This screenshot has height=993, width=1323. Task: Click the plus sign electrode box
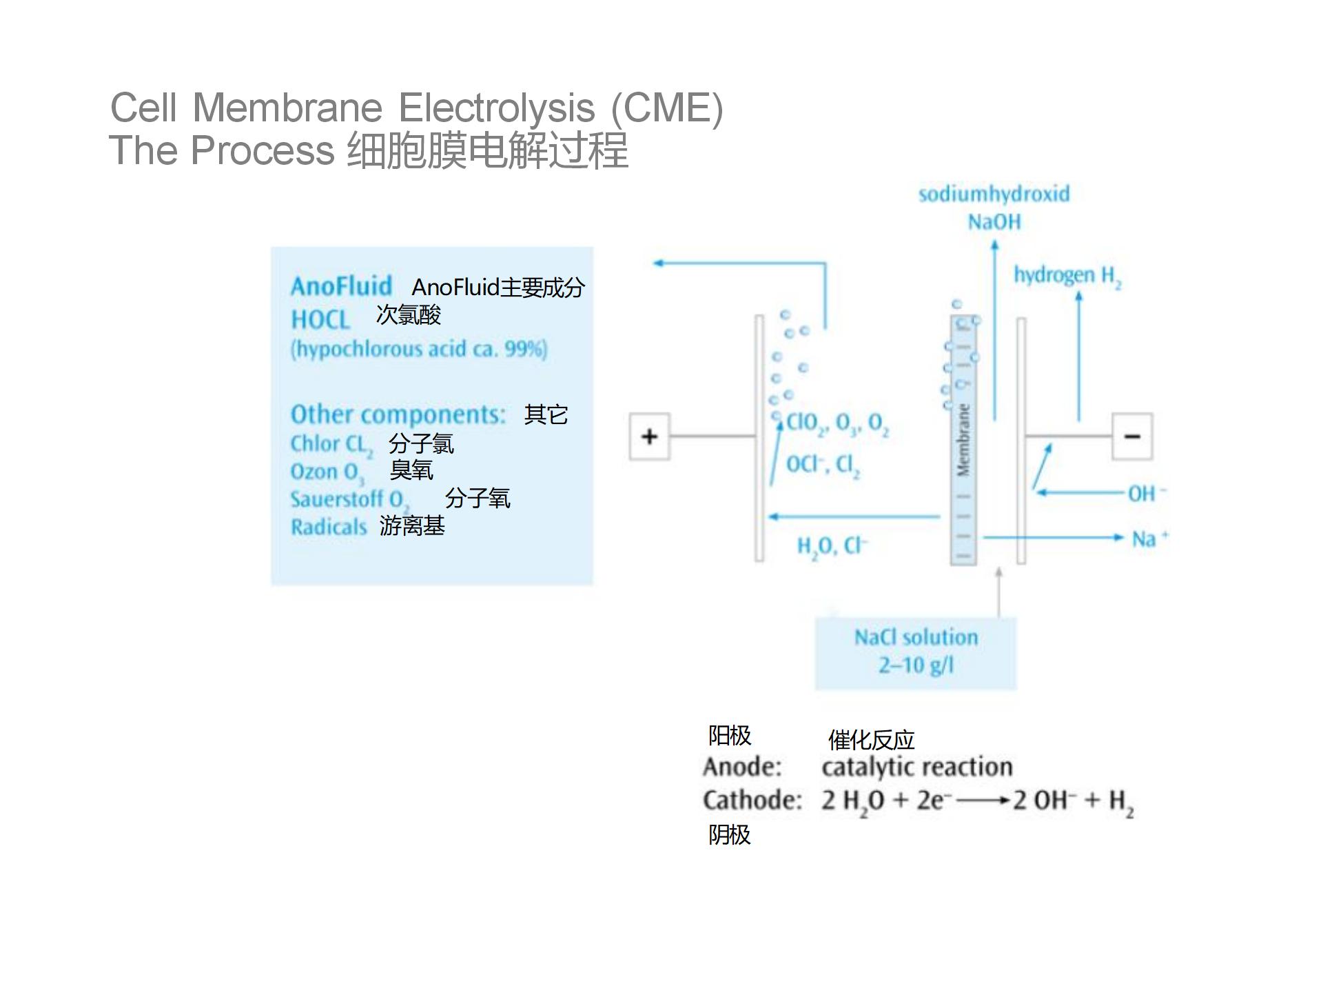pyautogui.click(x=649, y=437)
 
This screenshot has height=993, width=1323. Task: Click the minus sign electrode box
pyautogui.click(x=1132, y=437)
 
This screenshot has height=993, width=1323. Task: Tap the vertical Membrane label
pyautogui.click(x=963, y=440)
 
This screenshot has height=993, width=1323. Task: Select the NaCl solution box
pyautogui.click(x=916, y=652)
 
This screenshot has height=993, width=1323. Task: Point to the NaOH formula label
pyautogui.click(x=994, y=222)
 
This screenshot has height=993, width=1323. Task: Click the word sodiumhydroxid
pyautogui.click(x=994, y=194)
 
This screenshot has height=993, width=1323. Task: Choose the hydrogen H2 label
pyautogui.click(x=1067, y=276)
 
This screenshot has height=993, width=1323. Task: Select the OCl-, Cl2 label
pyautogui.click(x=823, y=465)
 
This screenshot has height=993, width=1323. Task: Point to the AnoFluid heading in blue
pyautogui.click(x=341, y=286)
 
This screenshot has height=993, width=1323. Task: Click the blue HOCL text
pyautogui.click(x=320, y=320)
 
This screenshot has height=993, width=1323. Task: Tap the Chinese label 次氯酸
pyautogui.click(x=408, y=315)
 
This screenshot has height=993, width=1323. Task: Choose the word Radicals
pyautogui.click(x=329, y=527)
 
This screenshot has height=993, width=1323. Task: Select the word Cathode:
pyautogui.click(x=752, y=801)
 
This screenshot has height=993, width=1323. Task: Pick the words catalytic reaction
pyautogui.click(x=916, y=767)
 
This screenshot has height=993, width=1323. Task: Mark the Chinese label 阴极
pyautogui.click(x=729, y=835)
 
